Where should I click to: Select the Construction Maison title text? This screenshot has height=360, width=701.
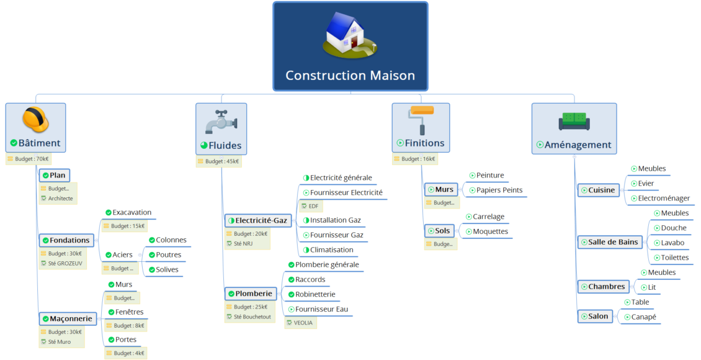(350, 76)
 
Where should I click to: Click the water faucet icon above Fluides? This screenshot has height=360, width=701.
(221, 122)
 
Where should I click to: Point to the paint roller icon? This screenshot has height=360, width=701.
(421, 119)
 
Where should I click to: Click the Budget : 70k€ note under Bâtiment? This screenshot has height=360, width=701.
(32, 159)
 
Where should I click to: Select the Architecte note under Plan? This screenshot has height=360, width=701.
(60, 199)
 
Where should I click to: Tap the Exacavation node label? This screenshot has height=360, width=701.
(132, 212)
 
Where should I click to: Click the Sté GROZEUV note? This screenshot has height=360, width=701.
(65, 263)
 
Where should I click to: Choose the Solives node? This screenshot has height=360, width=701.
(167, 269)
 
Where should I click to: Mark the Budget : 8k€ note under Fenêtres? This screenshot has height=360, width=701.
(128, 325)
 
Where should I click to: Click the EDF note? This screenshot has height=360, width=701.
(313, 206)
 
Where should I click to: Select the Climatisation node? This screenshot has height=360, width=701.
(331, 250)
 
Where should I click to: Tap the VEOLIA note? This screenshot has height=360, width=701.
(303, 323)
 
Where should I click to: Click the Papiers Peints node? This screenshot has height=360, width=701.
(499, 190)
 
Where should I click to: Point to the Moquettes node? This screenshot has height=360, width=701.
(490, 232)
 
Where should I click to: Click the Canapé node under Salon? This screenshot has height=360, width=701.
(643, 317)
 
